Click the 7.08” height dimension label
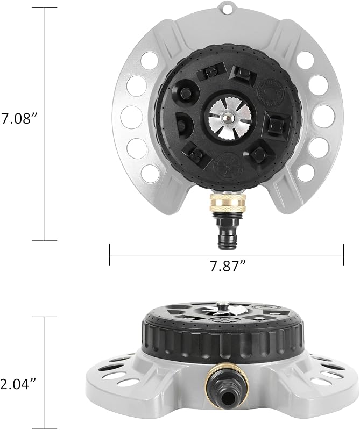19,119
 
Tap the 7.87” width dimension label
228,266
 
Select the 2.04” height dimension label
19,384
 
